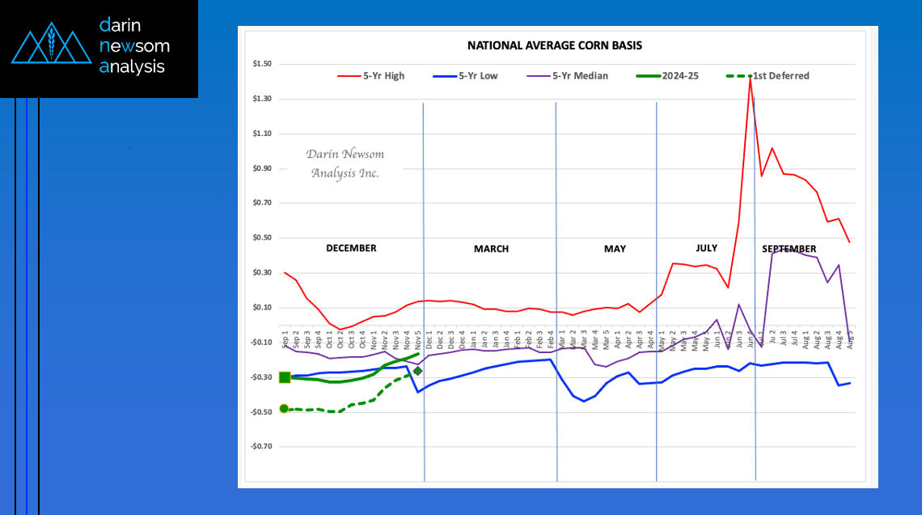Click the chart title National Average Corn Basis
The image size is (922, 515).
555,45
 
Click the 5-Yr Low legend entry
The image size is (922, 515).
472,76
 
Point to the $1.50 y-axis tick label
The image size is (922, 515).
262,64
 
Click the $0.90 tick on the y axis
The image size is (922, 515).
262,168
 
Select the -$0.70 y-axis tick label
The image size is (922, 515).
261,446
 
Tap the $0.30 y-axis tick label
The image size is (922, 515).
262,273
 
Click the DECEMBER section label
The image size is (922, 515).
351,249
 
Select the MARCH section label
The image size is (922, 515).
491,249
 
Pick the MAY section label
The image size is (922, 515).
615,249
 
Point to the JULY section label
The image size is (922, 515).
706,247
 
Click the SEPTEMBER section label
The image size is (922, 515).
789,249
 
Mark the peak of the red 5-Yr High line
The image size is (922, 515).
751,76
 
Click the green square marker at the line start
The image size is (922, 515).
285,377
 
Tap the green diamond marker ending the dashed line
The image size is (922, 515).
417,371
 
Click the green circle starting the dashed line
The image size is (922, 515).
284,409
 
